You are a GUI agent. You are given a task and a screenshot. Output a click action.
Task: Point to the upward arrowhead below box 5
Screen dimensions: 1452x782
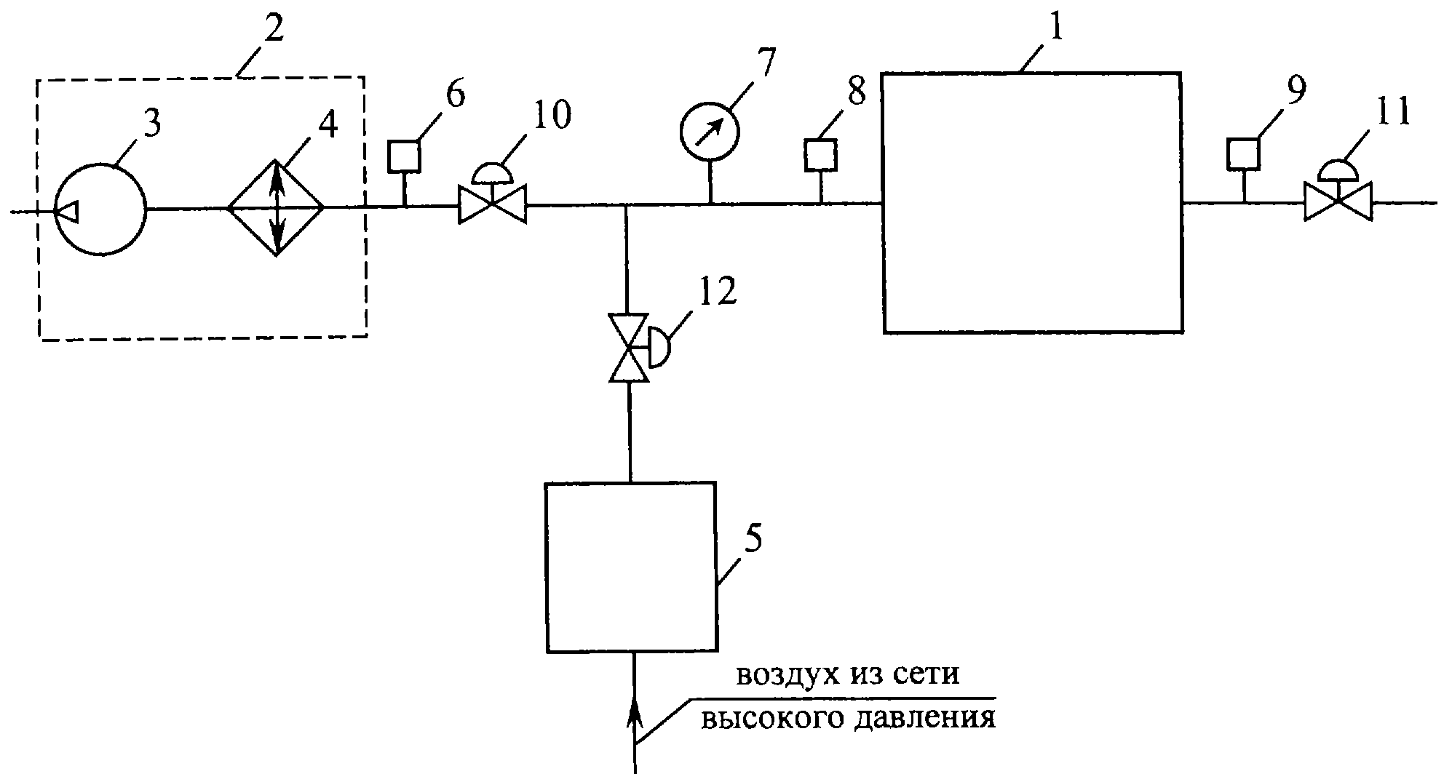click(x=635, y=709)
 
